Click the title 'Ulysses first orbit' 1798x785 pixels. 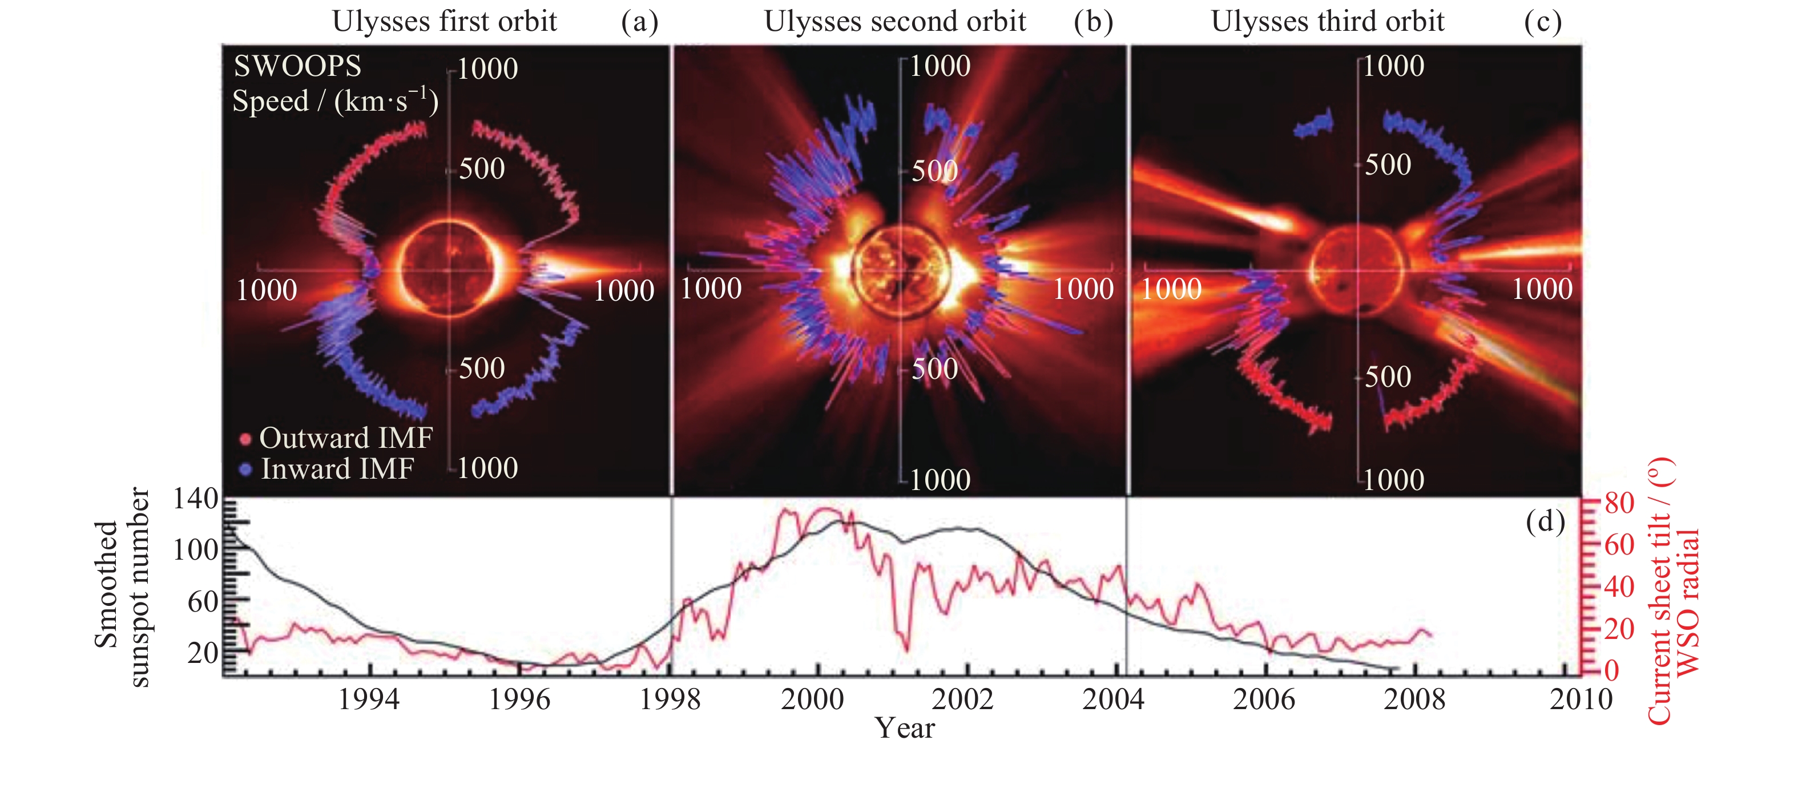point(444,21)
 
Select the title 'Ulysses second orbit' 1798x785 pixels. point(895,21)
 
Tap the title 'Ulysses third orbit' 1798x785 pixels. point(1327,21)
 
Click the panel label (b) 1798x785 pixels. point(1093,21)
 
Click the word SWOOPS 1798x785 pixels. point(297,66)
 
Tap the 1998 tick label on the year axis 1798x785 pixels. point(670,699)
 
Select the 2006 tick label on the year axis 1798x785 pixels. point(1263,699)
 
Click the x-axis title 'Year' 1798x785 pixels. point(905,729)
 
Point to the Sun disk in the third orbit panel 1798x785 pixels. point(1356,269)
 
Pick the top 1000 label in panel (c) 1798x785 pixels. point(1393,66)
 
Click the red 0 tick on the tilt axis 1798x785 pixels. point(1611,670)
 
